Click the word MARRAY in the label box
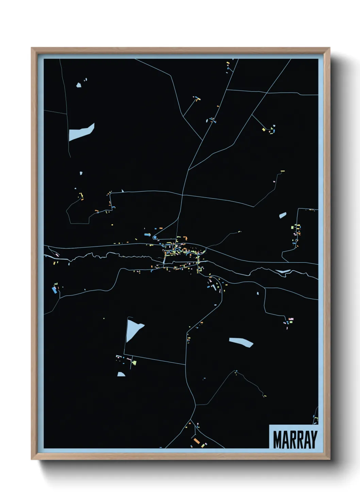pyautogui.click(x=295, y=440)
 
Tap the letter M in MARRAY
pyautogui.click(x=277, y=440)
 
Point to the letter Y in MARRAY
pyautogui.click(x=313, y=440)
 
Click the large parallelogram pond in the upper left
pyautogui.click(x=81, y=132)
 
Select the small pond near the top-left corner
pyautogui.click(x=79, y=85)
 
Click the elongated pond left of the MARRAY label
pyautogui.click(x=241, y=342)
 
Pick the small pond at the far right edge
pyautogui.click(x=282, y=215)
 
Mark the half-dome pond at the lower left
pyautogui.click(x=121, y=374)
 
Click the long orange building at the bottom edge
pyautogui.click(x=196, y=441)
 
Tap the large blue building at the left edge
pyautogui.click(x=54, y=290)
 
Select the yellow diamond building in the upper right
pyautogui.click(x=264, y=129)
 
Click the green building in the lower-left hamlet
pyautogui.click(x=134, y=362)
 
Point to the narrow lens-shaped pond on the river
pyautogui.click(x=283, y=271)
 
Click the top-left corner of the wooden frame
pyautogui.click(x=32, y=48)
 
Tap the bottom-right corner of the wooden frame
pyautogui.click(x=329, y=459)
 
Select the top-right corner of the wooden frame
pyautogui.click(x=329, y=48)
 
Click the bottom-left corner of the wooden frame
pyautogui.click(x=32, y=459)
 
